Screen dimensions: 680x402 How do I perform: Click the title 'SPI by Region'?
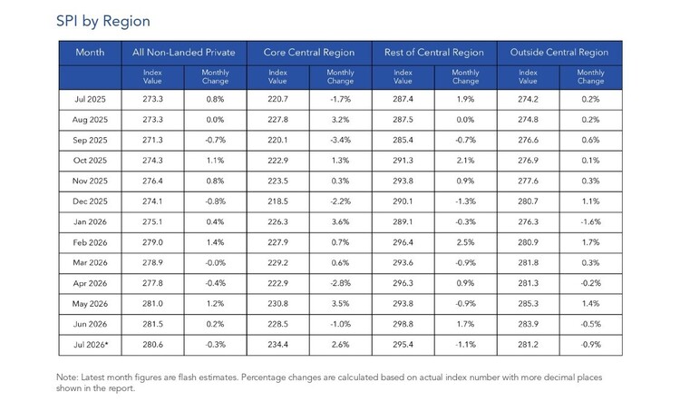point(103,21)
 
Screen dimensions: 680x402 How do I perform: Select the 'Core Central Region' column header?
point(309,53)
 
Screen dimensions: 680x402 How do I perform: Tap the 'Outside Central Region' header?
point(559,53)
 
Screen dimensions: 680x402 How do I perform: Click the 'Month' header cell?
point(90,53)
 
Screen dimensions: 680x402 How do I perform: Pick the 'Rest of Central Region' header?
point(434,53)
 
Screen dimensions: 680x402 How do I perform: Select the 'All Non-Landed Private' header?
point(184,53)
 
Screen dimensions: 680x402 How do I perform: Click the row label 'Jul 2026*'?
point(91,345)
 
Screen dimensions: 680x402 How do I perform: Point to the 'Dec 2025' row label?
point(90,201)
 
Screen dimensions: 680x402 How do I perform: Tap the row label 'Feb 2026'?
point(90,242)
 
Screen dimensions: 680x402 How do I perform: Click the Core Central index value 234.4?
point(278,345)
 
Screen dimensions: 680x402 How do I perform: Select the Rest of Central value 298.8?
point(403,324)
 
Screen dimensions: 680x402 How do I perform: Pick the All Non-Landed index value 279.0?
point(152,242)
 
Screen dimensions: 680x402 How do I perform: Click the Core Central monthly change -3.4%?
point(340,141)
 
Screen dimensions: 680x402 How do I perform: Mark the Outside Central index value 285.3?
point(529,304)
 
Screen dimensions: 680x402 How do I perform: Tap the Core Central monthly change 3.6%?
point(340,221)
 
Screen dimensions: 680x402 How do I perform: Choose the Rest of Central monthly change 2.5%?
point(465,242)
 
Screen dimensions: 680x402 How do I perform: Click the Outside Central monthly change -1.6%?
point(590,221)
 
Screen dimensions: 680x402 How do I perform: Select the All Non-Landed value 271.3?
point(152,141)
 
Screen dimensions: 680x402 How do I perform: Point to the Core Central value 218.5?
point(278,201)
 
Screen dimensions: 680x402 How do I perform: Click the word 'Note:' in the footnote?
point(67,377)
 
